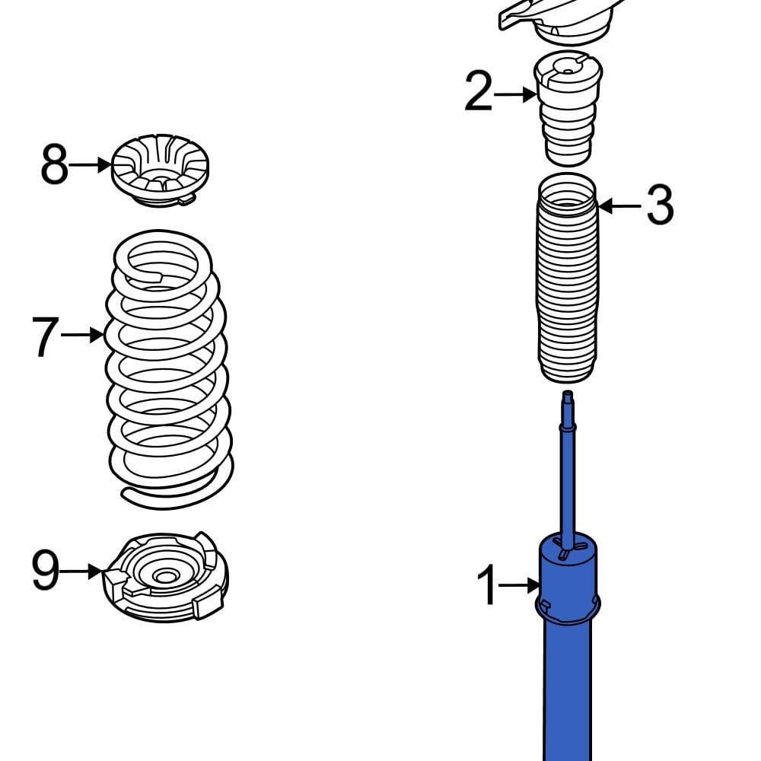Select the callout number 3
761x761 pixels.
659,205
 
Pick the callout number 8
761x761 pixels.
54,164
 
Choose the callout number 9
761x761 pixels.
45,571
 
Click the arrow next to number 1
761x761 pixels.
522,585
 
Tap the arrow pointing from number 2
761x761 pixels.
516,94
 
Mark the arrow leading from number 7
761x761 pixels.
82,335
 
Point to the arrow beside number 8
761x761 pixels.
92,164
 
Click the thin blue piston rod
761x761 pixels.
568,479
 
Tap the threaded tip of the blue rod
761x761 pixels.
567,398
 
